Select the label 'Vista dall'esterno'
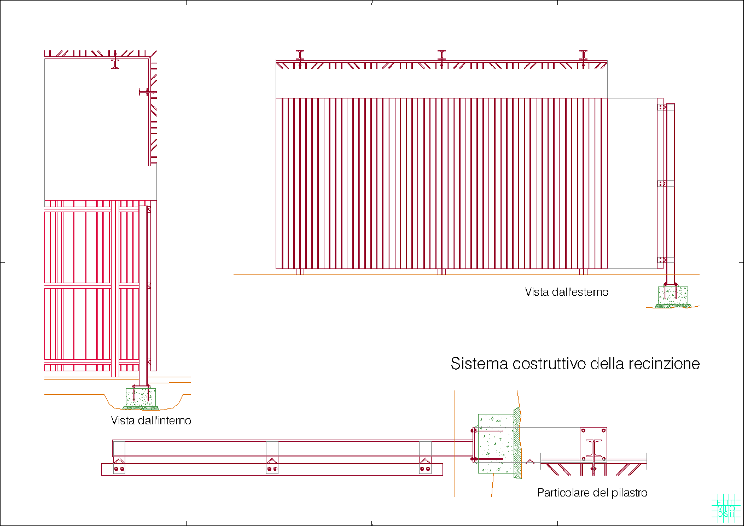coord(566,292)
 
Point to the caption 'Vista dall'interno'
coord(151,420)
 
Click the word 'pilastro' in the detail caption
coord(629,493)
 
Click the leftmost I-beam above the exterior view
coord(300,55)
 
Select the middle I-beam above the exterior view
coord(441,55)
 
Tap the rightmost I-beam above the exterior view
coord(583,55)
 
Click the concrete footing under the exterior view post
coord(672,295)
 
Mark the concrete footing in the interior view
coord(141,398)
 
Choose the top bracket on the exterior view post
coord(662,107)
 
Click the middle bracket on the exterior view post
coord(662,184)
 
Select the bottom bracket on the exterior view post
coord(662,260)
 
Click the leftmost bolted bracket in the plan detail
coord(119,466)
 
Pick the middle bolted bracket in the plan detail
coord(272,466)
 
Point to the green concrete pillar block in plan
coord(496,443)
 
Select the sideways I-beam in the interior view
coord(145,92)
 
